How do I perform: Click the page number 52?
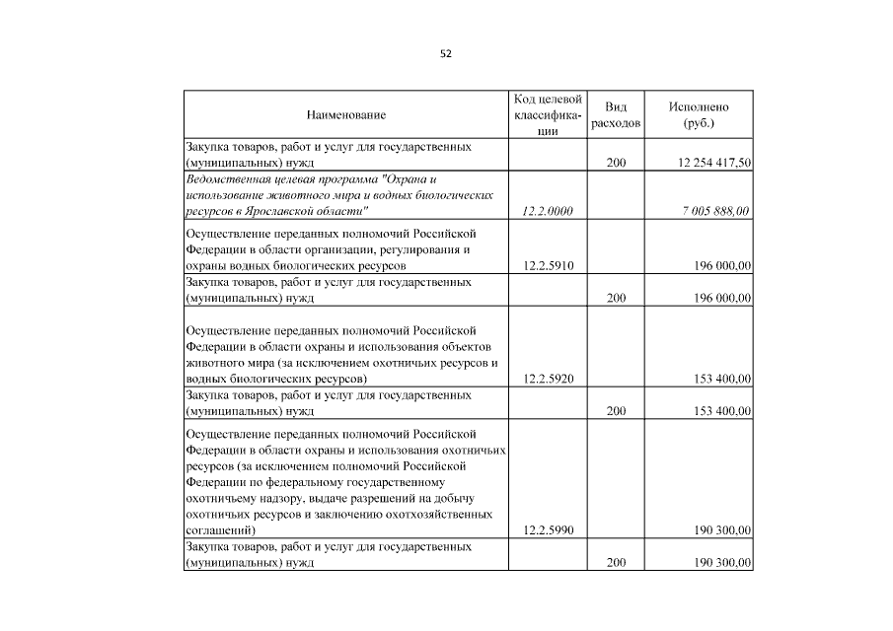coord(446,53)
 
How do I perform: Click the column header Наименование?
coord(345,115)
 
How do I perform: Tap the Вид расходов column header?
coord(616,115)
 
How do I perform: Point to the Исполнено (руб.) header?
coord(698,115)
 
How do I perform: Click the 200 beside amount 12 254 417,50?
coord(616,163)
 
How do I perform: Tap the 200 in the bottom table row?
coord(616,563)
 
